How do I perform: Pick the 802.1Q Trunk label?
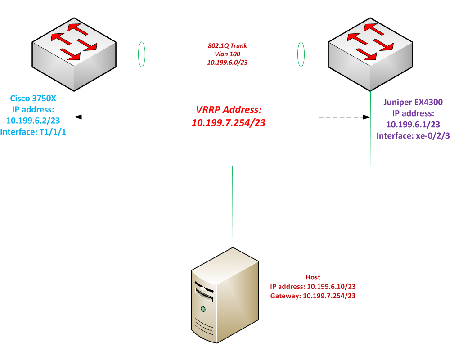pyautogui.click(x=224, y=46)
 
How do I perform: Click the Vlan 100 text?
pyautogui.click(x=224, y=54)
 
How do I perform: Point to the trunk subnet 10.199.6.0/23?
pyautogui.click(x=224, y=62)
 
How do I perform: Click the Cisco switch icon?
pyautogui.click(x=74, y=54)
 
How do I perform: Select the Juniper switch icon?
pyautogui.click(x=370, y=54)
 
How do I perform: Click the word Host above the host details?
pyautogui.click(x=313, y=278)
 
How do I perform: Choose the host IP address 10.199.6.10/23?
pyautogui.click(x=313, y=286)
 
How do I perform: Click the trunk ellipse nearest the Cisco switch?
pyautogui.click(x=142, y=54)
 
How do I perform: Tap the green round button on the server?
pyautogui.click(x=203, y=309)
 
